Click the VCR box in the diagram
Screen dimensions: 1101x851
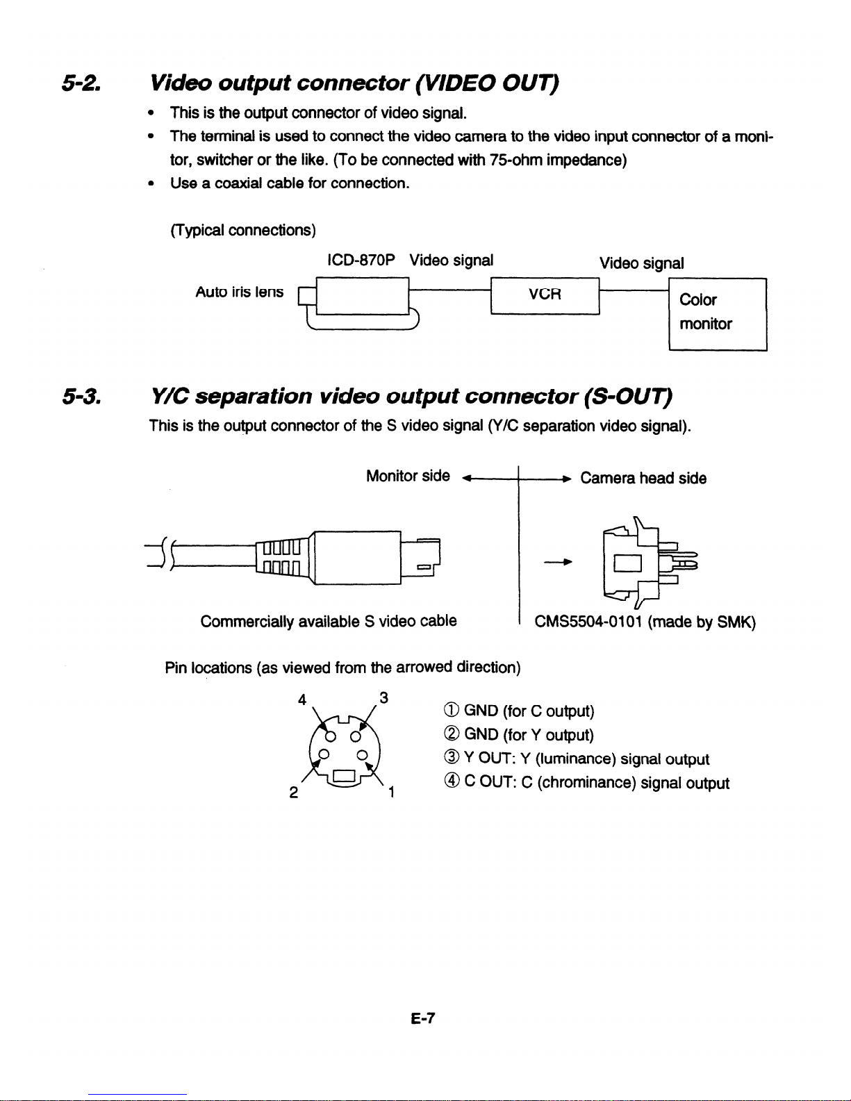(x=544, y=295)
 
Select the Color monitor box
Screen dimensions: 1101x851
(x=717, y=313)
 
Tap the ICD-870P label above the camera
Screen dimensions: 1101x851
(x=361, y=260)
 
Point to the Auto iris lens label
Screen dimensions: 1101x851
(x=239, y=292)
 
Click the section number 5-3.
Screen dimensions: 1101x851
(x=81, y=397)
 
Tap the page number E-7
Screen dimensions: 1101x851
(x=422, y=1019)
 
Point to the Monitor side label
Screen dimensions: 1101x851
(x=408, y=476)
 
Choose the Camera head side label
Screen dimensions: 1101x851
(x=643, y=479)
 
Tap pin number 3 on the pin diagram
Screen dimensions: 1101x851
(x=383, y=697)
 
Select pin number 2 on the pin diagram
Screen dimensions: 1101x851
(x=294, y=793)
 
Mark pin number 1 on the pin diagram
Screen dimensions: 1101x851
(x=392, y=792)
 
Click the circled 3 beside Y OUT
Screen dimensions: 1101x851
(x=449, y=759)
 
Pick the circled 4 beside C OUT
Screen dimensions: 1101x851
(x=449, y=783)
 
